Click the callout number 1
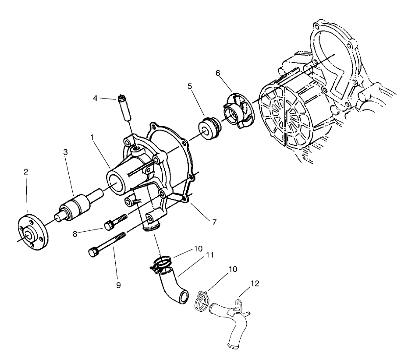[93, 138]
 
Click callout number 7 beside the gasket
[214, 222]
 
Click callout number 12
[255, 284]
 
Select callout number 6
[218, 74]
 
